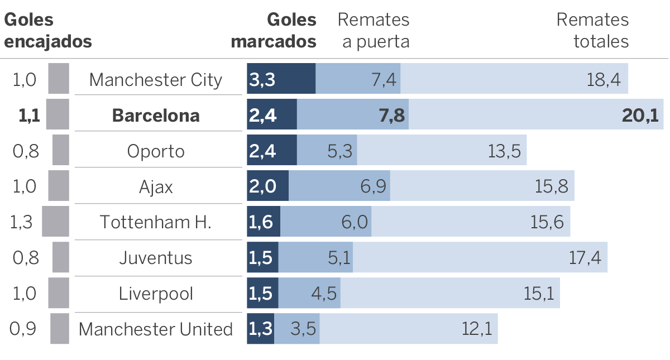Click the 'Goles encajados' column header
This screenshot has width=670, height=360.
tap(47, 31)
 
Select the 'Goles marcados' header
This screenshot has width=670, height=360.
tap(274, 31)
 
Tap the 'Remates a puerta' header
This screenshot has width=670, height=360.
tap(374, 31)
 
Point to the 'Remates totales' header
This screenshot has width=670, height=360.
tap(593, 31)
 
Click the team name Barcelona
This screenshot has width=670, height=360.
tap(156, 116)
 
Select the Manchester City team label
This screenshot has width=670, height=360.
tap(156, 80)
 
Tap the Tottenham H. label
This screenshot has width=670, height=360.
tap(156, 222)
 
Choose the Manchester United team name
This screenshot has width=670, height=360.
tap(156, 329)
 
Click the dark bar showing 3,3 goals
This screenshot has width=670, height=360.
tap(281, 79)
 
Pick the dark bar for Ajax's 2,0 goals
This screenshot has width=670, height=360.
tap(268, 186)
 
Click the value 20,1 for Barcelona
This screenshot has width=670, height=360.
tap(640, 116)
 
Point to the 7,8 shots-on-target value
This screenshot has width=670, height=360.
tap(391, 116)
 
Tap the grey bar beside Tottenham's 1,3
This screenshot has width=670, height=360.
tap(55, 222)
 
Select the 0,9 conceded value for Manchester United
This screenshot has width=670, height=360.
tap(23, 329)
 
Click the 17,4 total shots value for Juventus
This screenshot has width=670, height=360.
tap(585, 258)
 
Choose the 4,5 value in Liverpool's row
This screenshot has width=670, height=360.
tap(324, 294)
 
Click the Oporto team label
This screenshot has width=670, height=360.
tap(156, 151)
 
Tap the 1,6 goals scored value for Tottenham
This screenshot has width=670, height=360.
tap(261, 222)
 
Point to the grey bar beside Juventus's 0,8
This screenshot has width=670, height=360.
tap(60, 257)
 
